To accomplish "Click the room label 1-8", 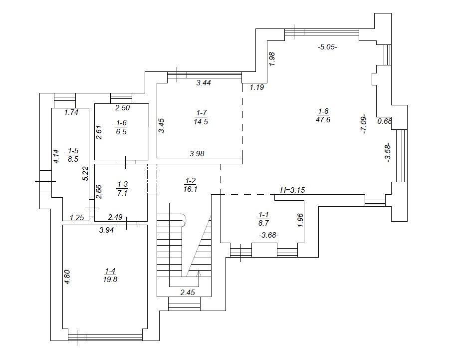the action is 323,111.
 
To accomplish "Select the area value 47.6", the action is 323,119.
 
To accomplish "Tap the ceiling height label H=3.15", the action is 293,190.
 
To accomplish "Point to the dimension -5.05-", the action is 328,47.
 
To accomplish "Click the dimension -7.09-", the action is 364,124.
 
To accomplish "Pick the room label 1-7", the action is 201,113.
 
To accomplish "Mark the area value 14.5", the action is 201,121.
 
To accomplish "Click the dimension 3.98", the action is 197,154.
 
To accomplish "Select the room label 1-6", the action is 121,123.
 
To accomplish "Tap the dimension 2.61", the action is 98,132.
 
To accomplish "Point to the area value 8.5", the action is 73,159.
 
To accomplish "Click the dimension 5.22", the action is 85,173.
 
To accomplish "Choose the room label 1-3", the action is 123,184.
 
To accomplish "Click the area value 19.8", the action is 110,280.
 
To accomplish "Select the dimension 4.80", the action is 67,277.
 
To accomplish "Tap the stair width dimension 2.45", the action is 188,293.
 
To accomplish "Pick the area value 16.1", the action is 191,189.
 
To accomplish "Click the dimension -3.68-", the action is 269,235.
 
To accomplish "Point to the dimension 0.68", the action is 384,121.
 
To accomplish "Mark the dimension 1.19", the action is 257,87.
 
